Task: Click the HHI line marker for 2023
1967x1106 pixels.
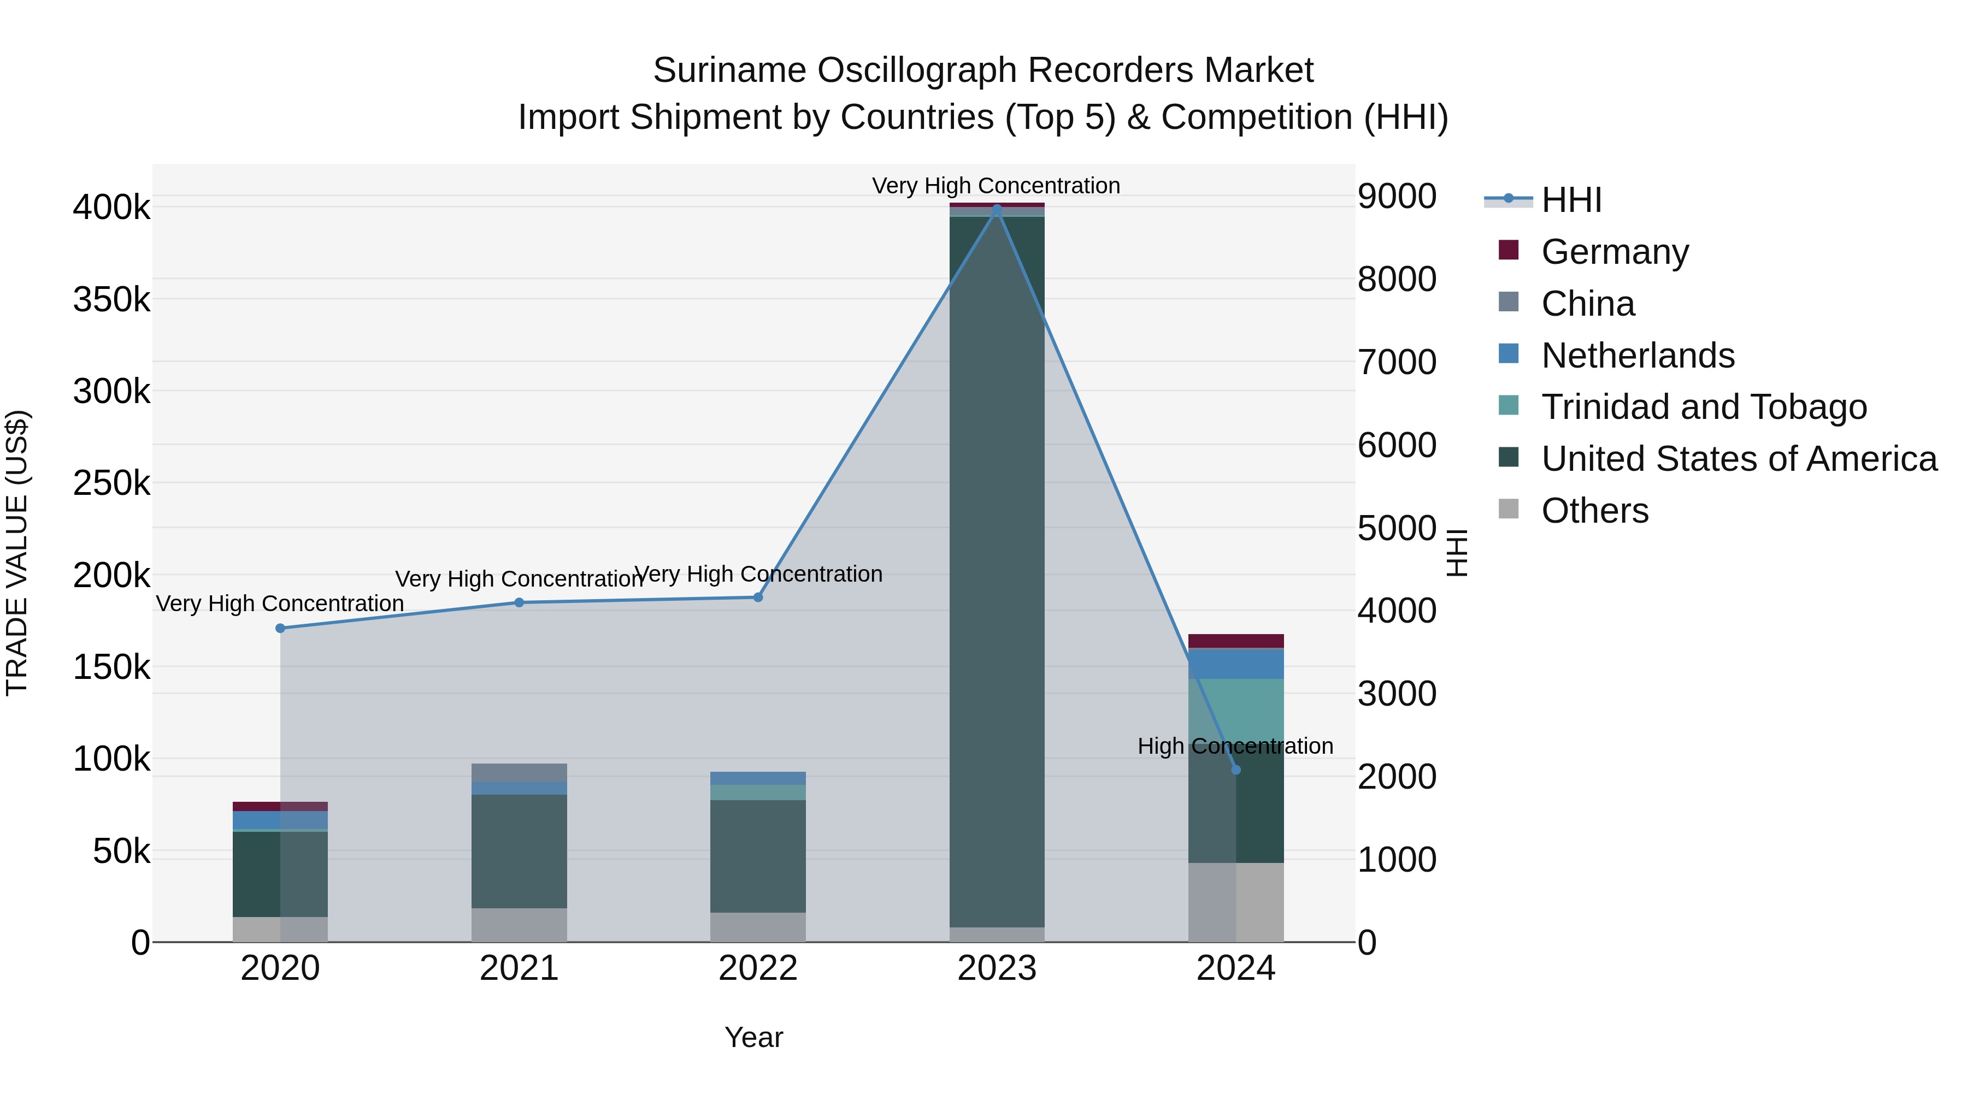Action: click(x=997, y=209)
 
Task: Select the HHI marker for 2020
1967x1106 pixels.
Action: click(x=280, y=628)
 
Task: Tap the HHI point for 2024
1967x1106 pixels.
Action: click(x=1236, y=770)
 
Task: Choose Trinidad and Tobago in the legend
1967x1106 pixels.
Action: click(x=1704, y=407)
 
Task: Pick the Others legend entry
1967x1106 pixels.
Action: click(x=1594, y=511)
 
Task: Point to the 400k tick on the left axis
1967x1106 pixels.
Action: click(x=111, y=208)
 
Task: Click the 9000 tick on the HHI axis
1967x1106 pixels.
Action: click(x=1397, y=196)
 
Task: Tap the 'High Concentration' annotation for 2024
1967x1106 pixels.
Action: click(x=1235, y=746)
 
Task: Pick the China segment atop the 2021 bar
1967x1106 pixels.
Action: click(x=519, y=772)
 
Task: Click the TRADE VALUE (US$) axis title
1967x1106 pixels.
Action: click(x=17, y=553)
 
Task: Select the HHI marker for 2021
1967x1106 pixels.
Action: click(x=519, y=602)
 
